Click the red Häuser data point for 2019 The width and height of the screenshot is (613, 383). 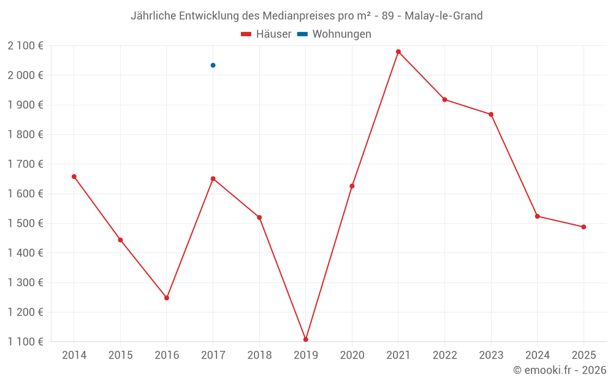305,339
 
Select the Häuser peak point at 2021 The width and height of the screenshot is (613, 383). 398,51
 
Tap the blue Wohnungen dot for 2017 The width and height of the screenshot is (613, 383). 213,65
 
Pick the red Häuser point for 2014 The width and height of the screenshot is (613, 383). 74,176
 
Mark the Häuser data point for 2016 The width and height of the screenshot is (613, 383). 167,298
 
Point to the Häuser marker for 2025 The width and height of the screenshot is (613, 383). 584,227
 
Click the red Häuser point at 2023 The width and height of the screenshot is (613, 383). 491,115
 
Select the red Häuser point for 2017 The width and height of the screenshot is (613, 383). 213,178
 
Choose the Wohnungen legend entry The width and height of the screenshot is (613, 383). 335,34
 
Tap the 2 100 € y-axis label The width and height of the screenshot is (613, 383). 25,45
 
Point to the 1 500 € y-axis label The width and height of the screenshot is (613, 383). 25,223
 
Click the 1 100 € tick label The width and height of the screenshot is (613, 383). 25,341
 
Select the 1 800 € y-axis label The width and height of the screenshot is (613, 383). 25,134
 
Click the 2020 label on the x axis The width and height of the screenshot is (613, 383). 352,355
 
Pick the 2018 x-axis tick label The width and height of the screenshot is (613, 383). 259,355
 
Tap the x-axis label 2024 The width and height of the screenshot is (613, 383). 537,355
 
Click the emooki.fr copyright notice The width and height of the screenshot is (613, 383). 560,370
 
